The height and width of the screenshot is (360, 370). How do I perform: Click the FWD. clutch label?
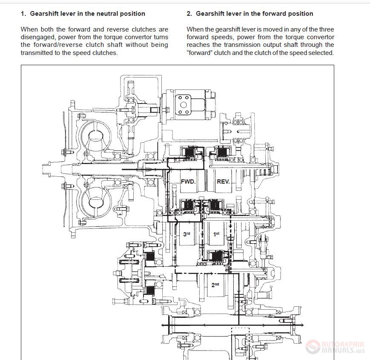188,181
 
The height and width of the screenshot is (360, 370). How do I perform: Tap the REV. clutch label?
223,181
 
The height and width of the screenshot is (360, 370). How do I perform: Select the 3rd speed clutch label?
187,234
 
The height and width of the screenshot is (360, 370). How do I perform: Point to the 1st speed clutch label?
216,234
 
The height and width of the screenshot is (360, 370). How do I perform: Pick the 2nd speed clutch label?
215,285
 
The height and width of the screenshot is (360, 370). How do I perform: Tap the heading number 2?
189,14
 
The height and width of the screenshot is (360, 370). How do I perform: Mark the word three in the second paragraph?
326,29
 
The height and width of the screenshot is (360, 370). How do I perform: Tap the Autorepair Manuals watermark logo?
335,347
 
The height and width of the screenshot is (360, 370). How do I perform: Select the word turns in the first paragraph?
160,37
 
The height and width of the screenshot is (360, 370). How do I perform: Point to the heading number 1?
23,14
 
